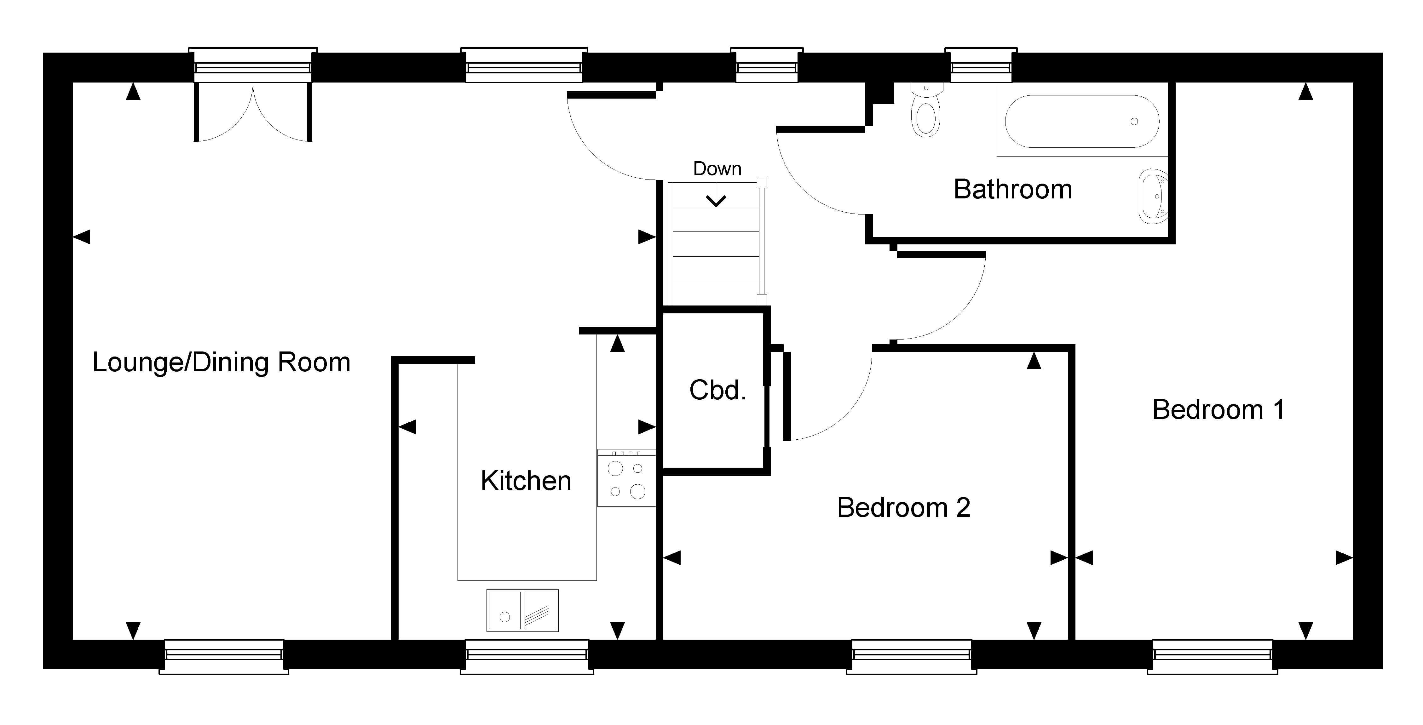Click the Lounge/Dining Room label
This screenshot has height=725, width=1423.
[x=222, y=363]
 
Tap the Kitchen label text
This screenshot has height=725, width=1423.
[x=526, y=481]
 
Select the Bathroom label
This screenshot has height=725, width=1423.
[x=1013, y=189]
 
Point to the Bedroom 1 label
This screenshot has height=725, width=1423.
[x=1218, y=410]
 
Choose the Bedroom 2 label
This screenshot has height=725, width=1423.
[x=904, y=507]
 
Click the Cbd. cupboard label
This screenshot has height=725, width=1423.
[x=717, y=390]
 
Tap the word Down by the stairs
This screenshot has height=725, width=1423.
[x=717, y=169]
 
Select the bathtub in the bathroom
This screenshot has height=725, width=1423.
[x=1082, y=122]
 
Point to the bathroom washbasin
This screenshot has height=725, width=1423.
[x=1153, y=196]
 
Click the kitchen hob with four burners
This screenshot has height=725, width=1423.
[x=626, y=478]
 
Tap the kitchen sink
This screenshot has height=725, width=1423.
[x=522, y=610]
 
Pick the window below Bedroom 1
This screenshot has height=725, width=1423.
[x=1213, y=657]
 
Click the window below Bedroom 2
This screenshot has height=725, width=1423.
[x=912, y=657]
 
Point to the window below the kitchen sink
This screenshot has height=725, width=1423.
[x=527, y=657]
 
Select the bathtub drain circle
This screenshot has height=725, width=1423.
[x=1134, y=122]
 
